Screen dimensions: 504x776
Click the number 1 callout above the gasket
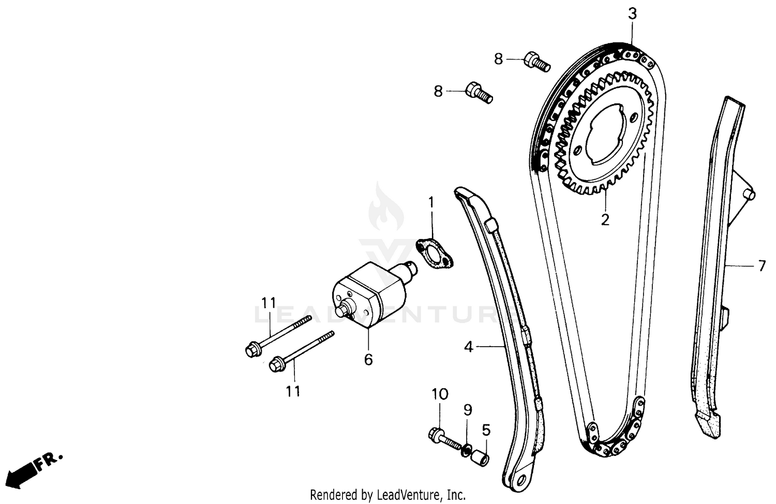(x=431, y=201)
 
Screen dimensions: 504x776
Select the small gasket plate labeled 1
(x=435, y=253)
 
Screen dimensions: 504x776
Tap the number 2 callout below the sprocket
(x=605, y=219)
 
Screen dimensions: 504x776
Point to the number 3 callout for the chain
(x=633, y=14)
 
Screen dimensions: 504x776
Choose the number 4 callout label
(x=468, y=347)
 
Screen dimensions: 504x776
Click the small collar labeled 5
(x=481, y=458)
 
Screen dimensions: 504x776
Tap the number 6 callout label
(x=368, y=359)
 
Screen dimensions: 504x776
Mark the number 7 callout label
(x=762, y=266)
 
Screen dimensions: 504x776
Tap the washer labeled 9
(x=467, y=449)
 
